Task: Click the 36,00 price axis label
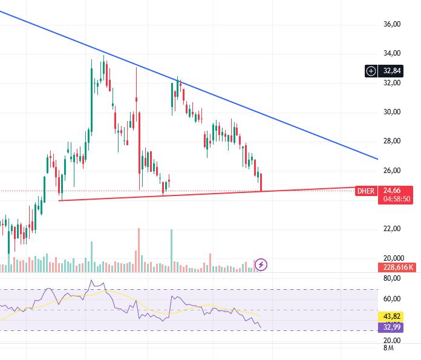point(392,24)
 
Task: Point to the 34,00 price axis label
point(392,53)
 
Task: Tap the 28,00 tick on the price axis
point(392,141)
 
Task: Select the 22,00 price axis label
point(392,229)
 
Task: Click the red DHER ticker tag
point(365,191)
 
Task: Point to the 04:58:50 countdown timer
point(397,199)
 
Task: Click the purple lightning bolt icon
point(261,264)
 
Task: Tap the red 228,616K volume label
point(397,267)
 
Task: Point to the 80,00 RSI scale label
point(392,279)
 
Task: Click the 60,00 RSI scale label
point(392,299)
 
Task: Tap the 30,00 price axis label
point(392,112)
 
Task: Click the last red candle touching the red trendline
point(261,183)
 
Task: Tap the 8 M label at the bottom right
point(388,349)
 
